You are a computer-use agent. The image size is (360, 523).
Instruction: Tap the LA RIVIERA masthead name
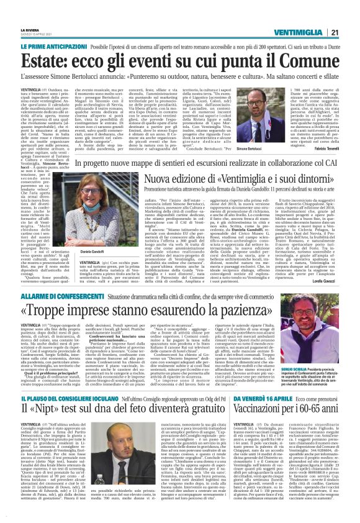30,12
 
